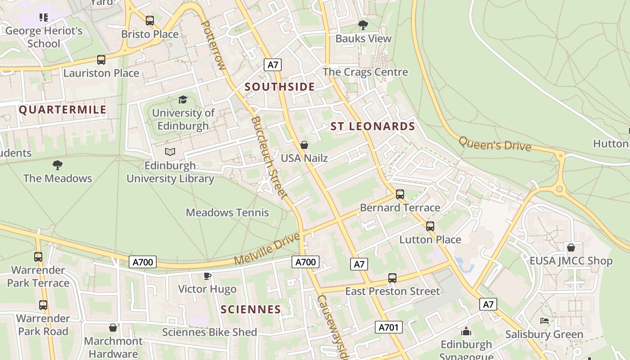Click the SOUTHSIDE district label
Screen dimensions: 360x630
[x=279, y=87]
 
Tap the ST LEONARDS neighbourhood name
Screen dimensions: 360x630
[x=373, y=126]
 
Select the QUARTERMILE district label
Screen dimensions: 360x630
[x=63, y=110]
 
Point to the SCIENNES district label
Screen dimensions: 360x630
[x=251, y=310]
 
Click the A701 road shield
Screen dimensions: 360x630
[x=388, y=327]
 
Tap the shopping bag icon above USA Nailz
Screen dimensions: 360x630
[x=304, y=145]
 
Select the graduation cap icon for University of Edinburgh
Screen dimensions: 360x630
[x=183, y=99]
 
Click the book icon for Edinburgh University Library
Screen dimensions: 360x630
[x=170, y=152]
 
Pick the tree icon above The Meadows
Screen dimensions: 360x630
[x=58, y=165]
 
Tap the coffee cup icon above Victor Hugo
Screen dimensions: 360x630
[x=207, y=276]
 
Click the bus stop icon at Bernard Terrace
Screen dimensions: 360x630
[x=400, y=194]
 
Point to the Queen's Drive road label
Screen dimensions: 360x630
[x=495, y=144]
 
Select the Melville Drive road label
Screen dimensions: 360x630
[x=267, y=249]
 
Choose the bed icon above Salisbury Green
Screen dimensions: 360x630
[x=544, y=321]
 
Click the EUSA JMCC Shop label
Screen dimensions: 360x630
[x=571, y=261]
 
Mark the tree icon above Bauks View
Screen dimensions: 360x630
[x=363, y=25]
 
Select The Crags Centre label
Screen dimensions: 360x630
[x=365, y=72]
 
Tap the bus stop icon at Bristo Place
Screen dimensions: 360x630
[x=150, y=21]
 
